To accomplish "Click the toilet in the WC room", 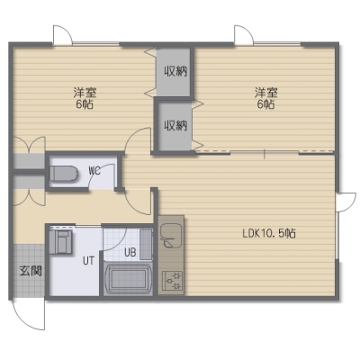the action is (x=64, y=174).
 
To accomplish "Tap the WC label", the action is (x=94, y=171).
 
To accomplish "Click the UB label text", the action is (x=130, y=253).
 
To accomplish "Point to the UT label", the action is (x=89, y=261).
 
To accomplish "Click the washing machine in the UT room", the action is (x=61, y=242).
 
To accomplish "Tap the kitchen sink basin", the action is (x=170, y=235).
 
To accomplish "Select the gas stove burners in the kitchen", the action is (x=172, y=281).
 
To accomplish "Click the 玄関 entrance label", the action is (x=31, y=271).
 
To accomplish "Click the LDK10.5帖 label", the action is (x=269, y=233).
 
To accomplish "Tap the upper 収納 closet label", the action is (x=175, y=71).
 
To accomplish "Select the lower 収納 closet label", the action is (x=175, y=125).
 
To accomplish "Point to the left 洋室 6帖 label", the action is (x=85, y=98).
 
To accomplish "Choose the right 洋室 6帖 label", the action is (x=265, y=98).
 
